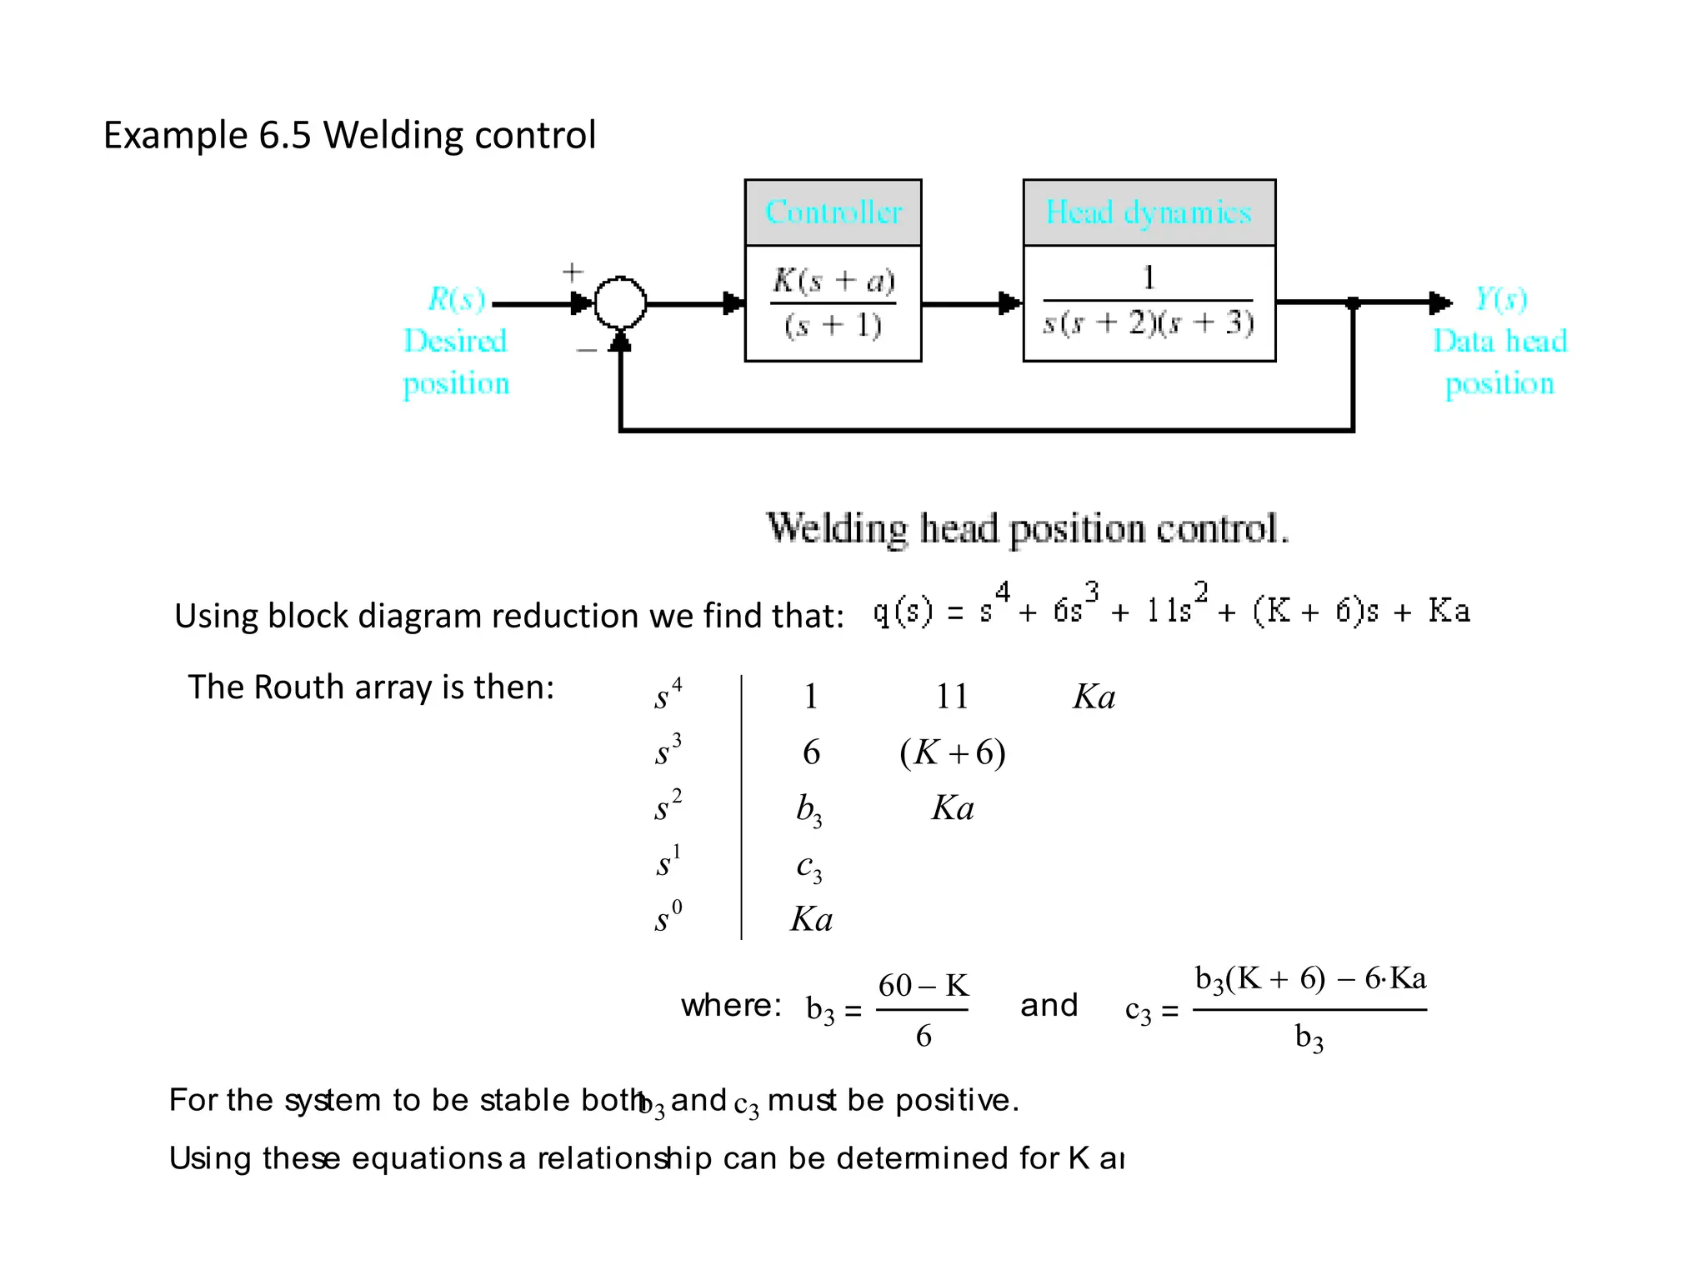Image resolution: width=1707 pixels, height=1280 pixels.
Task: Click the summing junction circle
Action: pos(620,303)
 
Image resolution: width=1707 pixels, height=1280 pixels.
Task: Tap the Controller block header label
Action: pos(833,212)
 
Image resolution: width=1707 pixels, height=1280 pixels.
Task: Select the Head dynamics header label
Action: pos(1149,212)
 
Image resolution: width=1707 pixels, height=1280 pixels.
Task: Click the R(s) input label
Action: pos(456,298)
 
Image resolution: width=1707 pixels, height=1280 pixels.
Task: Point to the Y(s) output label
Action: pos(1500,298)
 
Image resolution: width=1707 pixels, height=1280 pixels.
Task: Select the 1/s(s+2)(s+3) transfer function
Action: pos(1149,302)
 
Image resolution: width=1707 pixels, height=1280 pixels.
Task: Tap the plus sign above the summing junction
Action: pos(573,272)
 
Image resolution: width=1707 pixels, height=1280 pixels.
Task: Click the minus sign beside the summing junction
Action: pos(586,351)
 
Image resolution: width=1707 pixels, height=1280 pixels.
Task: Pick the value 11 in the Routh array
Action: pos(952,697)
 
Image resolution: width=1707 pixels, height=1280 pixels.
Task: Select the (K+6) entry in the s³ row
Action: pos(952,752)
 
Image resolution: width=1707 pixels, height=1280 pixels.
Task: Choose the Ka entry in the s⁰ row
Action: pos(811,920)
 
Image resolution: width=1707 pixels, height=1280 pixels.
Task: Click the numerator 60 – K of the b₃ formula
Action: pos(923,986)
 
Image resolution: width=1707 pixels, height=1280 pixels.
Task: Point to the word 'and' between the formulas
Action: pos(1049,1005)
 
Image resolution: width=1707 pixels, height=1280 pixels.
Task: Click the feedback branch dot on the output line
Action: pos(1353,303)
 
